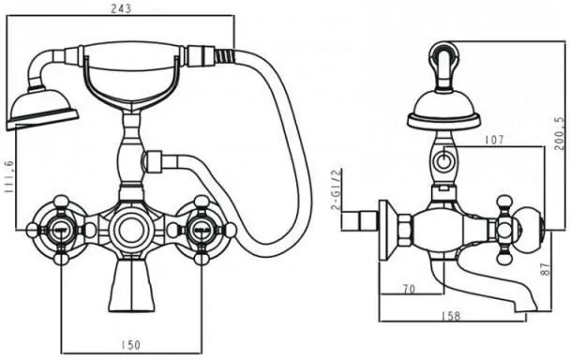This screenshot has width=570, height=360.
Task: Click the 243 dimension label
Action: point(121,8)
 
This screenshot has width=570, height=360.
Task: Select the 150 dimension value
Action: point(129,344)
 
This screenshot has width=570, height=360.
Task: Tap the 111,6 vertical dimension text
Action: point(8,177)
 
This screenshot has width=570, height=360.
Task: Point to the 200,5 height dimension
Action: point(561,133)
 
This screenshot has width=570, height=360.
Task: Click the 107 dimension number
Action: point(494,140)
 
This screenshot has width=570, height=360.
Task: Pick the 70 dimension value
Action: point(409,289)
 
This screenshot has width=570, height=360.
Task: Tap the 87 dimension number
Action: point(547,269)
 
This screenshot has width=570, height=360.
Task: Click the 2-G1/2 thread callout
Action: point(337,189)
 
